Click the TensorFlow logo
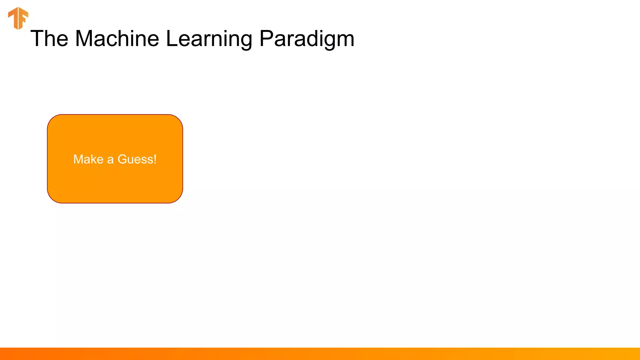[x=18, y=18]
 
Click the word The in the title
[x=49, y=39]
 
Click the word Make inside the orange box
[x=88, y=159]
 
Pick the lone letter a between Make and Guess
[x=110, y=160]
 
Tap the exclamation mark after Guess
[x=155, y=159]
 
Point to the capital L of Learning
[x=172, y=39]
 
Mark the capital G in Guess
[x=122, y=159]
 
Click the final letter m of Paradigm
[x=346, y=41]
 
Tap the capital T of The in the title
[x=37, y=39]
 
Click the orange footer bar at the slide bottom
[x=320, y=354]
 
